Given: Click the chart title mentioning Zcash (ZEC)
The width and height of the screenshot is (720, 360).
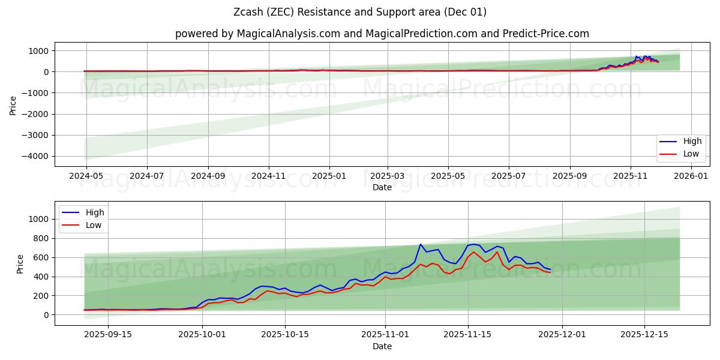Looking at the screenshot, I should [360, 12].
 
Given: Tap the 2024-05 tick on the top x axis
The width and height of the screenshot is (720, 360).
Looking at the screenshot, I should [86, 176].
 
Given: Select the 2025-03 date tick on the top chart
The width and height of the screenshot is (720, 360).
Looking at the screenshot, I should [388, 176].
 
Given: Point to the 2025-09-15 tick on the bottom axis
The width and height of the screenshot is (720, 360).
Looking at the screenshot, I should [108, 335].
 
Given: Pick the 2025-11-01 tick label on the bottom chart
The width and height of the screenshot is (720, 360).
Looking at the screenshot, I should [385, 335].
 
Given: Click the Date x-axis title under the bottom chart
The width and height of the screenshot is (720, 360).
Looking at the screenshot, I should [382, 346].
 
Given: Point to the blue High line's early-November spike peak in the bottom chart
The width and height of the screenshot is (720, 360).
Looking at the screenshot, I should [421, 244].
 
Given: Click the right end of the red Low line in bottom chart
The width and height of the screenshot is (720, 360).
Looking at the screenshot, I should [550, 272].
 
